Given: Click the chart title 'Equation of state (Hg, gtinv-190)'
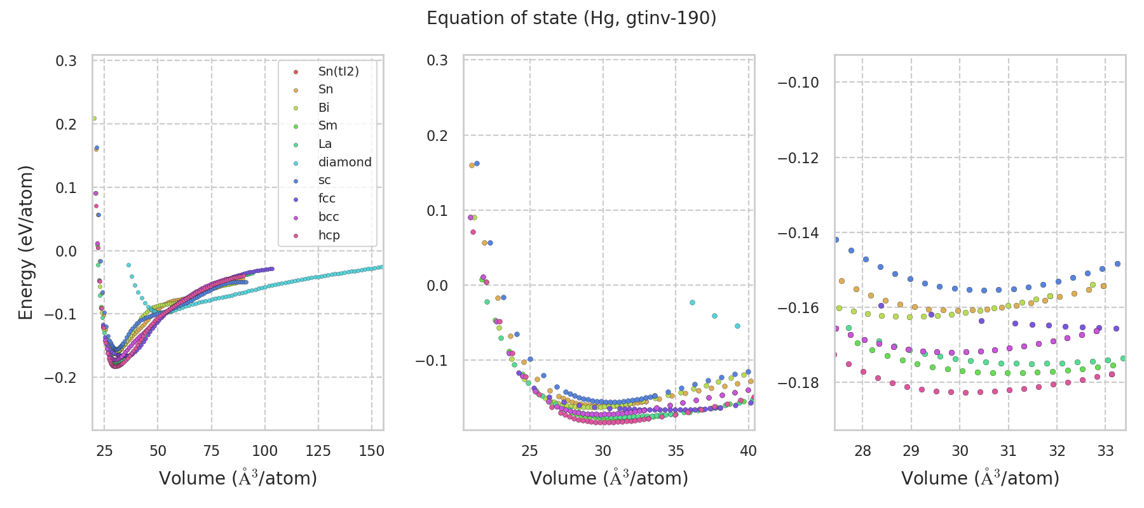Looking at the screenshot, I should click(x=571, y=18).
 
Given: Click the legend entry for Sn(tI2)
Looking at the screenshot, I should click(x=338, y=71).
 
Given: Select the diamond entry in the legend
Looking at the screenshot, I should click(x=344, y=162).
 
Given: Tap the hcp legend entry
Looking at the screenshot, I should click(x=329, y=235).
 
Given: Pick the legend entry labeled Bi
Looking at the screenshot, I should click(x=323, y=107).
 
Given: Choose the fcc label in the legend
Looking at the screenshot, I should click(x=327, y=198).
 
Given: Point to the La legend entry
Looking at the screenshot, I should click(x=325, y=144).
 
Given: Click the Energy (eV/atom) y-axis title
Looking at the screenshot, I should click(x=26, y=242).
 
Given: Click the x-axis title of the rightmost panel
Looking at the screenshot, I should click(x=980, y=478).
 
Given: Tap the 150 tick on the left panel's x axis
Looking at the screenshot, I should click(x=372, y=451).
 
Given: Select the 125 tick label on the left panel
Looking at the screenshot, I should click(x=318, y=451).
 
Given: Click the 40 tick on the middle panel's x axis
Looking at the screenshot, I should click(x=749, y=451).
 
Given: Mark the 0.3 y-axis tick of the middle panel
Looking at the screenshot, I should click(x=437, y=60).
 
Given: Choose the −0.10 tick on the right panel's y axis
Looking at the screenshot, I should click(x=798, y=83).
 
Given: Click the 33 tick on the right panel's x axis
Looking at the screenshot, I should click(x=1105, y=451).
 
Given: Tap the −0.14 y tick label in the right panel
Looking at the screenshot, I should click(x=798, y=233).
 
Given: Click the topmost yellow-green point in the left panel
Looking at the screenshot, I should click(x=94, y=118).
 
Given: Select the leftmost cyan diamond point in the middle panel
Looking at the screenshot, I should click(x=692, y=302).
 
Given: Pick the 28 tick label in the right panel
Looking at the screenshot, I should click(x=862, y=451).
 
